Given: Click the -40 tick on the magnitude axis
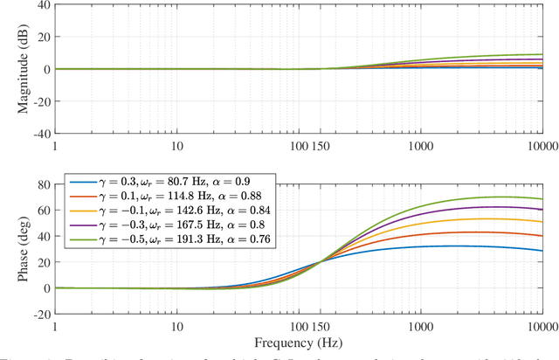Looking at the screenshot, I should (40, 134).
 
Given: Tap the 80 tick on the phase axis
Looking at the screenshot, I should (42, 184).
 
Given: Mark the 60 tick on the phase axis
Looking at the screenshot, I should (42, 211).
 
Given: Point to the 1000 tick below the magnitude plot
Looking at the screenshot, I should (421, 145).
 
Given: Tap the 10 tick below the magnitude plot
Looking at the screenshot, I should (177, 145).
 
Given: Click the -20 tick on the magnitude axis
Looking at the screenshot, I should (40, 101).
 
